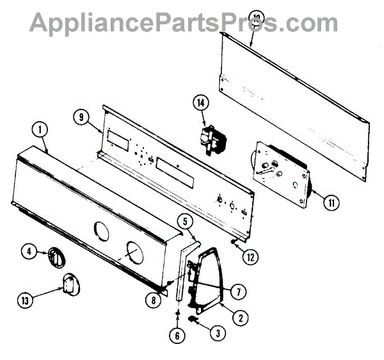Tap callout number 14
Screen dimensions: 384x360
pyautogui.click(x=202, y=102)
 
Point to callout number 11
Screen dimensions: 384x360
pyautogui.click(x=331, y=204)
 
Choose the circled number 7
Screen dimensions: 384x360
pyautogui.click(x=239, y=291)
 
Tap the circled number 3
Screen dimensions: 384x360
pyautogui.click(x=221, y=332)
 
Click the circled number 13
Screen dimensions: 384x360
pyautogui.click(x=26, y=299)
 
